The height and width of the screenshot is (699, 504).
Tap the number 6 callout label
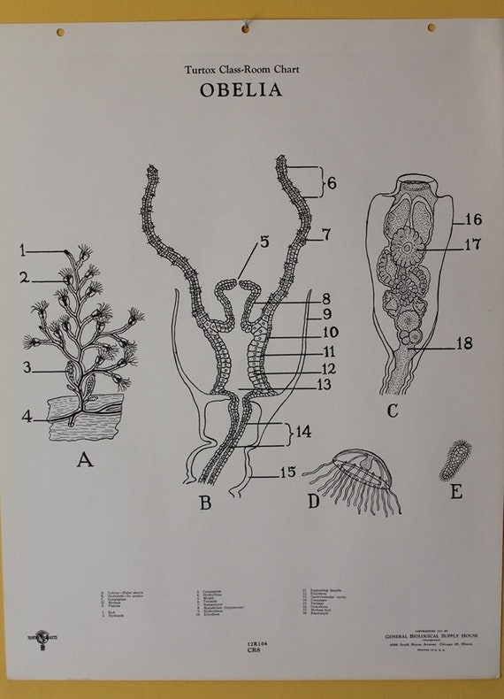332,185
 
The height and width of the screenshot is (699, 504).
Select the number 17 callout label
473,246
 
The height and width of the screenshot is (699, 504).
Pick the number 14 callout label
303,434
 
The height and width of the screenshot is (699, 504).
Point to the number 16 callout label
473,219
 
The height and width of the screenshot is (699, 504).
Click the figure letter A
86,460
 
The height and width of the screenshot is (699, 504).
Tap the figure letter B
205,504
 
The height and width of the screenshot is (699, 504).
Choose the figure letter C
393,411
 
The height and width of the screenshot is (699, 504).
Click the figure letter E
456,491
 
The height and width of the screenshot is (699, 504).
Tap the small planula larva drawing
454,457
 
